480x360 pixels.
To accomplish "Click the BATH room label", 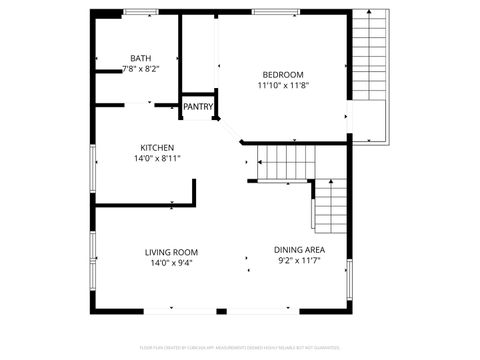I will (141, 58).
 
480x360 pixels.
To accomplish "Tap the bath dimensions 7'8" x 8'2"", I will (141, 69).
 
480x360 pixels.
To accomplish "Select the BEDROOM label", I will (283, 75).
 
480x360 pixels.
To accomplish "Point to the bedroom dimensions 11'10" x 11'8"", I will (283, 86).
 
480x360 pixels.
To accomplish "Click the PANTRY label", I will (198, 106).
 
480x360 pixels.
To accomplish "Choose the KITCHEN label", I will (157, 147).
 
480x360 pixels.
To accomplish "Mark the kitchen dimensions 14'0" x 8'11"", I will (157, 158).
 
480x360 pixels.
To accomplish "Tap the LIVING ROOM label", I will (171, 252).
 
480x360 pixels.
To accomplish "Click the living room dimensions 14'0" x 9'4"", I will (171, 263).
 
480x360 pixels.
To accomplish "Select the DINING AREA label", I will (299, 250).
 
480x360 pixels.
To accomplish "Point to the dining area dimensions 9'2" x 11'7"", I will (299, 262).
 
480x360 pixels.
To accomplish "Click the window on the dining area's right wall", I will (349, 269).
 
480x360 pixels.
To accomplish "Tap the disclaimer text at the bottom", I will (240, 349).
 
